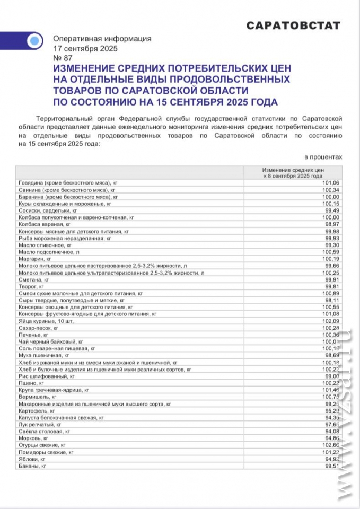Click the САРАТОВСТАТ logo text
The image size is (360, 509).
pos(293,25)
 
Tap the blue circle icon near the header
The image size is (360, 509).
pos(34,40)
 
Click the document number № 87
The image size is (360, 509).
pos(63,58)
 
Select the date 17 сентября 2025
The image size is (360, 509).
pos(85,48)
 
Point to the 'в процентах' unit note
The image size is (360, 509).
pos(323,157)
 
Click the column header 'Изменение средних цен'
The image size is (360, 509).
pos(293,169)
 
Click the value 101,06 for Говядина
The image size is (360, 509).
pos(330,183)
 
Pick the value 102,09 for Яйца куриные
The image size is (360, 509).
pos(330,321)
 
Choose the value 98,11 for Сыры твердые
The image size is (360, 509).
pos(330,300)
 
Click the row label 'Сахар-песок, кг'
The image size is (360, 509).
pos(38,328)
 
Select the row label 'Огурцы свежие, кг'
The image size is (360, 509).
pos(42,445)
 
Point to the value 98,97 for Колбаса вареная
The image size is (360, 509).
pos(330,224)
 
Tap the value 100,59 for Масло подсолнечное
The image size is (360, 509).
pos(330,252)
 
